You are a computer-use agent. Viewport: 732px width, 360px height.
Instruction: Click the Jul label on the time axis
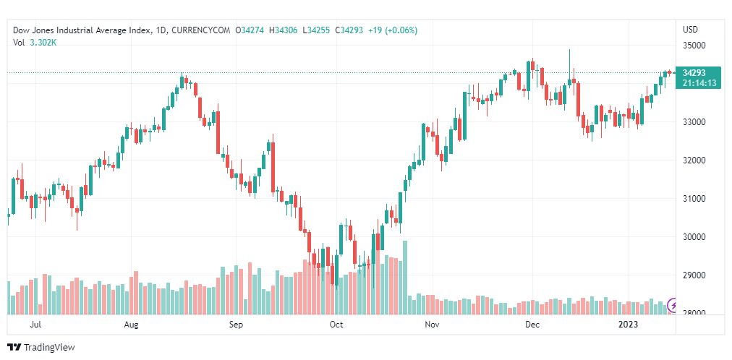(34, 325)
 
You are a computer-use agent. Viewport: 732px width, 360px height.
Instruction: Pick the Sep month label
(237, 325)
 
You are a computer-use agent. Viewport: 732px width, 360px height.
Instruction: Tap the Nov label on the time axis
(432, 325)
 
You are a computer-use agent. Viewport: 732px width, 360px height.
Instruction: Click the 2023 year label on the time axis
(628, 325)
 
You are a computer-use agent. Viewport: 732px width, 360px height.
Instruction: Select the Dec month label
(532, 325)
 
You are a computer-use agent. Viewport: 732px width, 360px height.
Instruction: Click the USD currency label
(690, 30)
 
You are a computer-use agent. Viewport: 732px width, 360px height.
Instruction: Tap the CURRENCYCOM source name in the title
(202, 30)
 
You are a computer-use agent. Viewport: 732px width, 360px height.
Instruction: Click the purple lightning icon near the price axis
(673, 304)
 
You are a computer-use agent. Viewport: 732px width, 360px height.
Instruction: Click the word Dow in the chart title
(21, 30)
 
